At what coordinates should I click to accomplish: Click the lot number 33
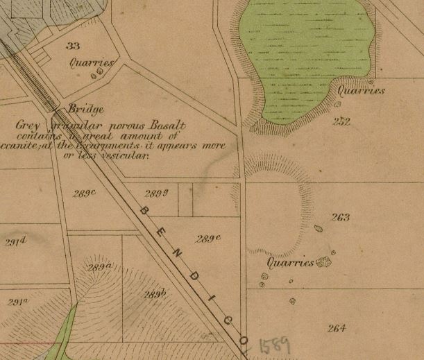click(74, 46)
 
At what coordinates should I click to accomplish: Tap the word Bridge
click(87, 110)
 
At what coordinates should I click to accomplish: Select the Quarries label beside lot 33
click(91, 62)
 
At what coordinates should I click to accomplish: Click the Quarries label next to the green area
click(361, 91)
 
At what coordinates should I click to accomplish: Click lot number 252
click(341, 122)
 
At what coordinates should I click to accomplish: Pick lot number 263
click(341, 218)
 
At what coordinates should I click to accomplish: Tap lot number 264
click(337, 328)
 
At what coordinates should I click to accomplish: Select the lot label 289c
click(83, 193)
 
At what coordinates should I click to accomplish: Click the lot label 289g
click(156, 193)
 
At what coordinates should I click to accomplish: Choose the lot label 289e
click(207, 239)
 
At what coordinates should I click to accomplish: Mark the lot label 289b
click(155, 294)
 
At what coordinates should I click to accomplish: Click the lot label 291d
click(15, 241)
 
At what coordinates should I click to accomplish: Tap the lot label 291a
click(17, 302)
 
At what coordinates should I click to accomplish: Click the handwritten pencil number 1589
click(274, 345)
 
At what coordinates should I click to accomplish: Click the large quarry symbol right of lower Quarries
click(323, 262)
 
